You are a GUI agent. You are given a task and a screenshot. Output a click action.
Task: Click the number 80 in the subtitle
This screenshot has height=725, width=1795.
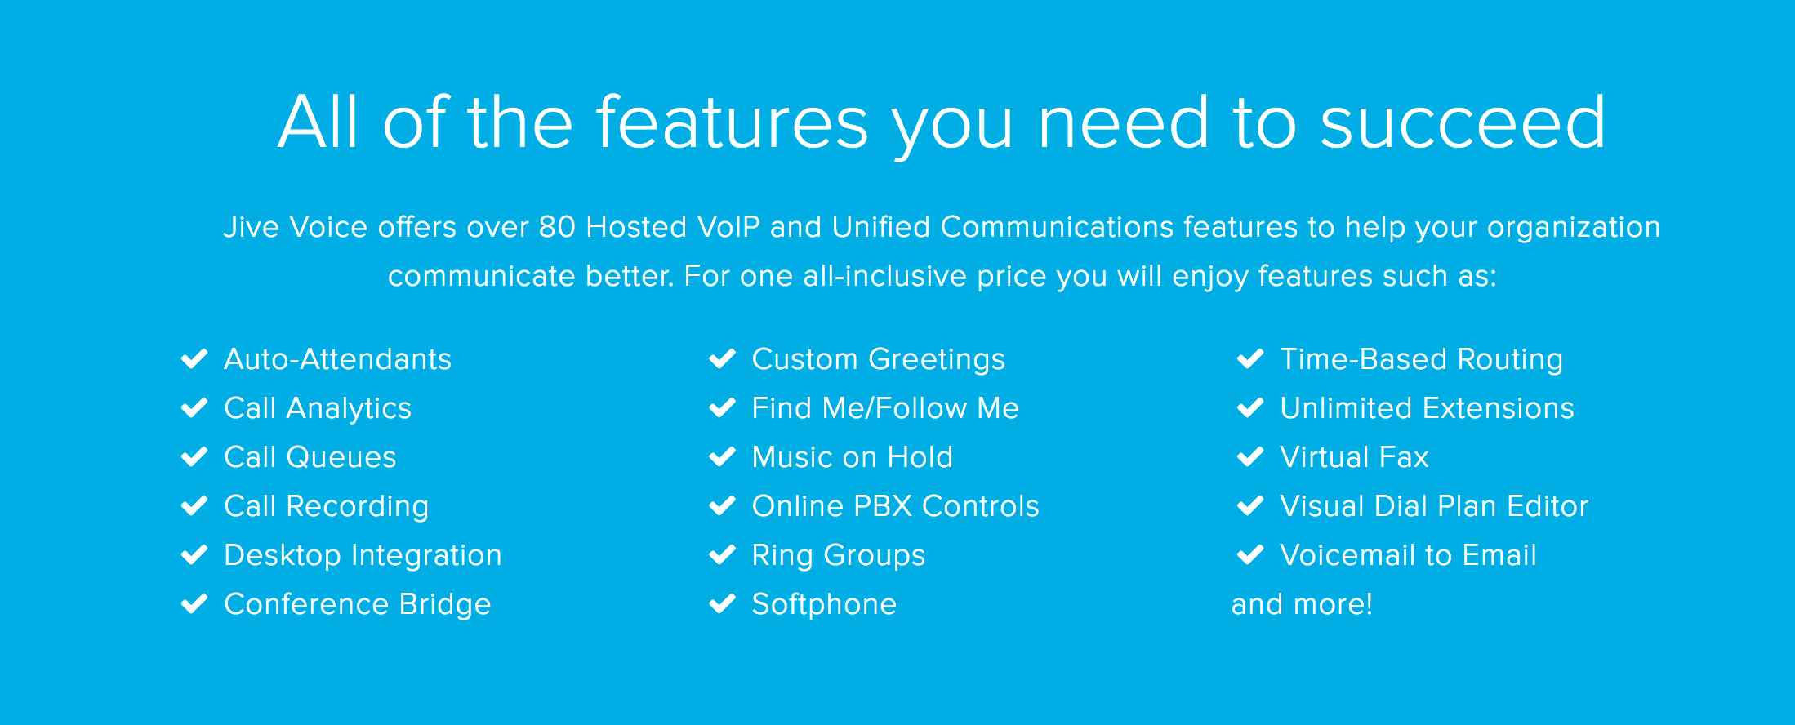click(x=557, y=227)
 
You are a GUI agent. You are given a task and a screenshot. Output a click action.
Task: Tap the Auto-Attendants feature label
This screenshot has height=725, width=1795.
click(x=337, y=359)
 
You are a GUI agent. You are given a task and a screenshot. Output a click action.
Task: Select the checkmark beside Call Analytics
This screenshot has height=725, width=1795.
click(x=194, y=407)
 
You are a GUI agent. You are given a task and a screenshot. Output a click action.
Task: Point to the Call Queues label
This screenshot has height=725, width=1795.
click(x=310, y=457)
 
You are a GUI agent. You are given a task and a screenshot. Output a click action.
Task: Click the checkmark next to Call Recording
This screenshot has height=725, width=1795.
click(x=194, y=505)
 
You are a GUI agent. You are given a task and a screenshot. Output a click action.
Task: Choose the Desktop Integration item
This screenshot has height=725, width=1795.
click(x=363, y=555)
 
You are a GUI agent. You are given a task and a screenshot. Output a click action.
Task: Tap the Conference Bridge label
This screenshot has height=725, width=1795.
click(x=357, y=604)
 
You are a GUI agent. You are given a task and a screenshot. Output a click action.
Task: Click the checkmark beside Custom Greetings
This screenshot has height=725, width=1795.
click(x=723, y=358)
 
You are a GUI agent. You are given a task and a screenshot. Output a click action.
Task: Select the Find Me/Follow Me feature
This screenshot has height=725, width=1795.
click(x=885, y=408)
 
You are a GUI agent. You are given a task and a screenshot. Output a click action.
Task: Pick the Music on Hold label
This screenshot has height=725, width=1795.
click(x=852, y=457)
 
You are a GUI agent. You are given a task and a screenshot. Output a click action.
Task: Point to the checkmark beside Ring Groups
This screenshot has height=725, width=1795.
click(x=723, y=554)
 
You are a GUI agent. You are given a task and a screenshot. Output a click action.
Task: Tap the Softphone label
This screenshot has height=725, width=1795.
click(x=824, y=604)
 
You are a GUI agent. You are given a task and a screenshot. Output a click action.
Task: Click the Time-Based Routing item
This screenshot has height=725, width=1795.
click(x=1421, y=359)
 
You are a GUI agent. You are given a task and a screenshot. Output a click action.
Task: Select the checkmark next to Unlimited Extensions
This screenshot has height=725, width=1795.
click(x=1250, y=407)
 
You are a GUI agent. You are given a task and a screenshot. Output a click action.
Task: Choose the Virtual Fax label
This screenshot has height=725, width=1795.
click(x=1354, y=457)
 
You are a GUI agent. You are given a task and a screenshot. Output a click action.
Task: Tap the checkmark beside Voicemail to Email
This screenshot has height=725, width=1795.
click(x=1250, y=554)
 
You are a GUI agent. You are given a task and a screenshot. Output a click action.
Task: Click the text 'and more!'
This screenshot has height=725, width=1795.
click(x=1302, y=604)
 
